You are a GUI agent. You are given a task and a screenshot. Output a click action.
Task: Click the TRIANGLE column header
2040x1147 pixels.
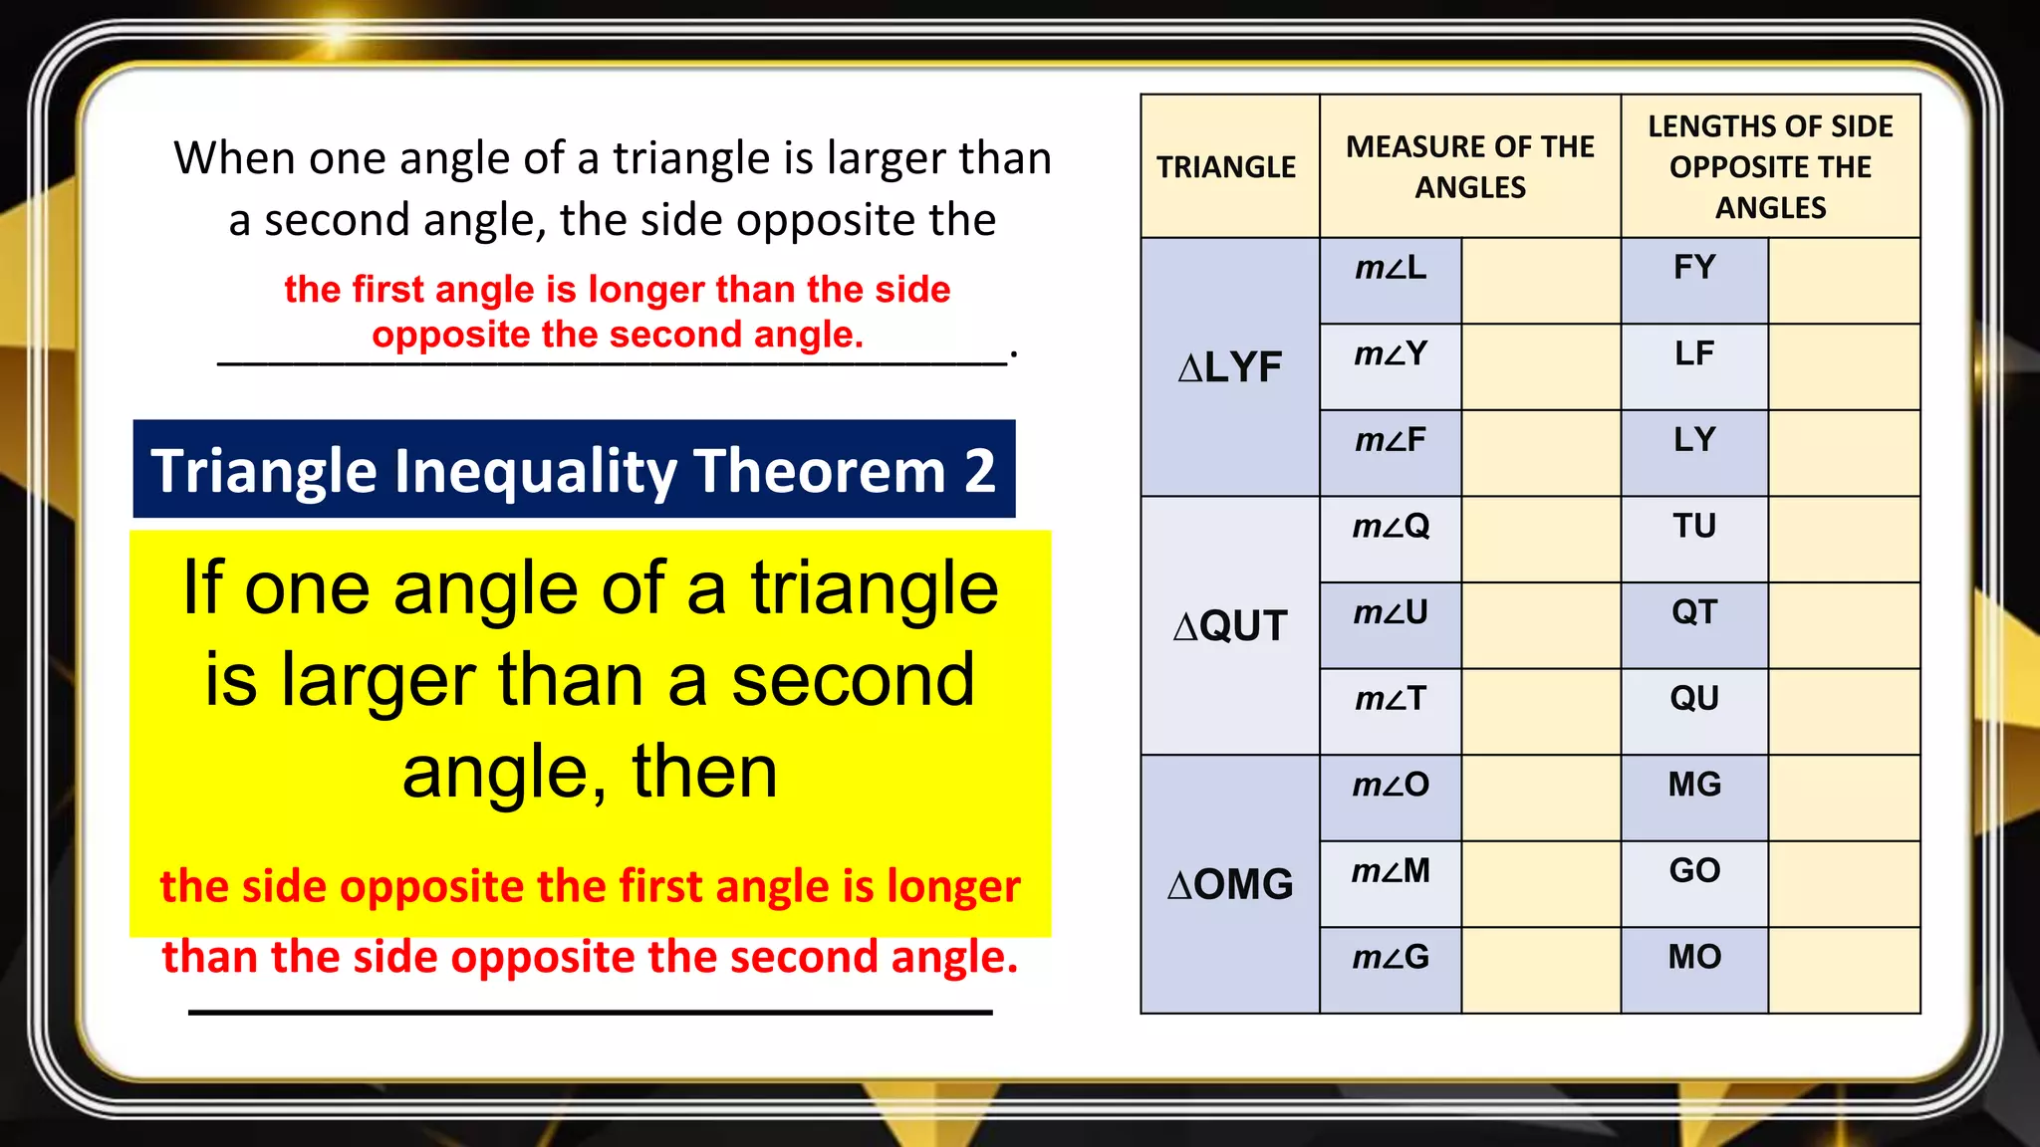tap(1227, 167)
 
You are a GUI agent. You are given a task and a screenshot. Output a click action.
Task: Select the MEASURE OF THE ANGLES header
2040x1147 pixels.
tap(1469, 167)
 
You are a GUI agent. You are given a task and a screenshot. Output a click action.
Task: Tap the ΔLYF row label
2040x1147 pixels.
tap(1230, 367)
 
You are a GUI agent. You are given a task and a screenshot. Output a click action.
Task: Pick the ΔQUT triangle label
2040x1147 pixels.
tap(1230, 626)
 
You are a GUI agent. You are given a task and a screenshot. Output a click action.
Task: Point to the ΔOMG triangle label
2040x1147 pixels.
tap(1230, 885)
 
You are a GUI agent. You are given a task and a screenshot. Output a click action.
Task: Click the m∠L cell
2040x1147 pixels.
tap(1391, 268)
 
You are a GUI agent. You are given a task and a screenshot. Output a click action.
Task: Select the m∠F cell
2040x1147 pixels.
tap(1391, 440)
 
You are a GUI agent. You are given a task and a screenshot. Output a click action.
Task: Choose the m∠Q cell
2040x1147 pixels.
tap(1391, 527)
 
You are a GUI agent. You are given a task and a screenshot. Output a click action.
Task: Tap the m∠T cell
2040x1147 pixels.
tap(1391, 699)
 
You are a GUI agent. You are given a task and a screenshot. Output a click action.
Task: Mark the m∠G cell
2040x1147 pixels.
tap(1391, 958)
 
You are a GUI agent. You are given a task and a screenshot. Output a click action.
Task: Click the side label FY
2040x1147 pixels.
tap(1694, 268)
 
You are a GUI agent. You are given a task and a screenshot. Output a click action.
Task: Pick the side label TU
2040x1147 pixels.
tap(1694, 527)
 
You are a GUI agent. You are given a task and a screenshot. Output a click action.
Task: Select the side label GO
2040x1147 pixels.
tap(1694, 871)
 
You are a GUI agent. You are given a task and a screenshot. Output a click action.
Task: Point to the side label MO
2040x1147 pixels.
tap(1694, 958)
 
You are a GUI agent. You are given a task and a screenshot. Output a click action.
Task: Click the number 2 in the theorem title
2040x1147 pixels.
tap(980, 471)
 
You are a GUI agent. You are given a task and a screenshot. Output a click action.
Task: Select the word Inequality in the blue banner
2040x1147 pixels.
tap(536, 471)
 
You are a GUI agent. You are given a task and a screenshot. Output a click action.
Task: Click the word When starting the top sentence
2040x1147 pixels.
tap(235, 158)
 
